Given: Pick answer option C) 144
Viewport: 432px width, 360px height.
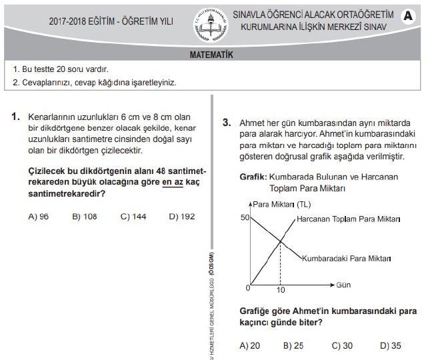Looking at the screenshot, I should [133, 216].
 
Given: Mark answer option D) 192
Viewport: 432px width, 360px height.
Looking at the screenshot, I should [182, 216].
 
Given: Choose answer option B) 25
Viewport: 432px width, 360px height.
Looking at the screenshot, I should [293, 345].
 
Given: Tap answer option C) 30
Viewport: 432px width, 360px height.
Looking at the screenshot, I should [342, 345].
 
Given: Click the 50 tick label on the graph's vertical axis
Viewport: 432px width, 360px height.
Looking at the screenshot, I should [245, 218].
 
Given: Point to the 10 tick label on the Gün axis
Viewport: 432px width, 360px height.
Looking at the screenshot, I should [280, 291].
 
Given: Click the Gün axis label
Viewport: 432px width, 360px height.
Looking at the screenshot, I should [343, 285].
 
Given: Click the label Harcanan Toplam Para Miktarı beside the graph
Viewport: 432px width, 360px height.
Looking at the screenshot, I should [348, 219].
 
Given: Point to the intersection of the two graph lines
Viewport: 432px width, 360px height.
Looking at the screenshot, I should [281, 243].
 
